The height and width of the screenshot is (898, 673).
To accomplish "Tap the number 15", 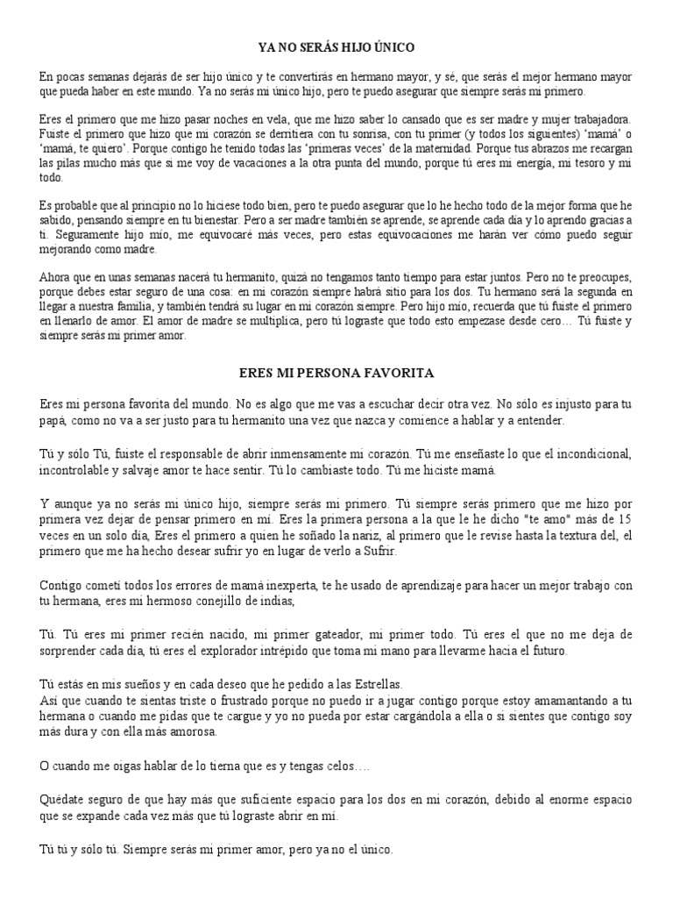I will pyautogui.click(x=625, y=519).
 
